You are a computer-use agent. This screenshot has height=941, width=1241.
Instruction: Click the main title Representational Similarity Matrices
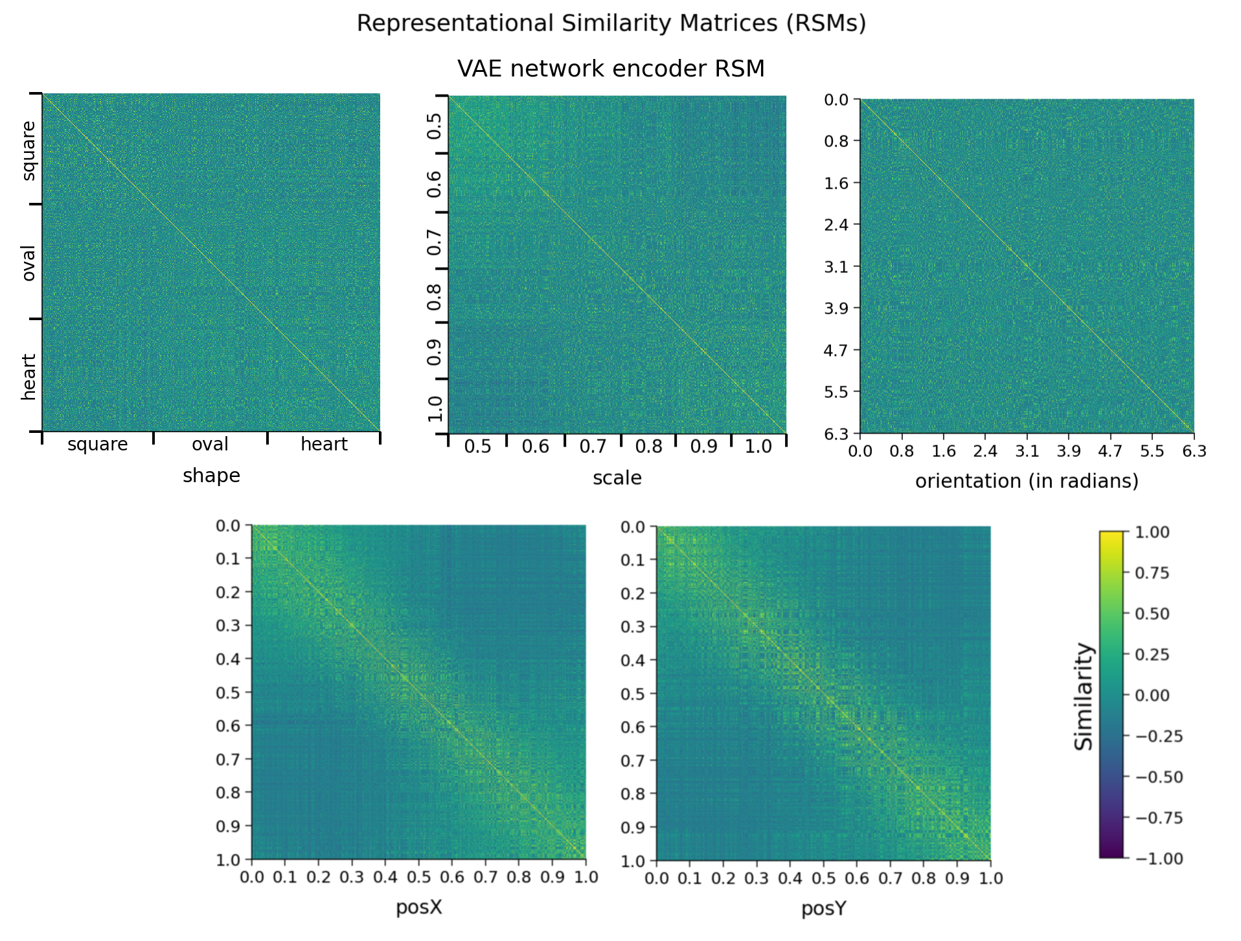[x=611, y=23]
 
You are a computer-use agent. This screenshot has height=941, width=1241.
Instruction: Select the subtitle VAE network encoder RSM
[x=611, y=69]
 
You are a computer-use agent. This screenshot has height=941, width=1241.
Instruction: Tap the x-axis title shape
[x=211, y=476]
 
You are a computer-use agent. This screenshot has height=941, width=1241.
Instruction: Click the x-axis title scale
[x=617, y=478]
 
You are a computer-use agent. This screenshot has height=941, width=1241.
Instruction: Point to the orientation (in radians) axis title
[x=1027, y=482]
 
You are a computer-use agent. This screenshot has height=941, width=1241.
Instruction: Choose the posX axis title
[x=418, y=907]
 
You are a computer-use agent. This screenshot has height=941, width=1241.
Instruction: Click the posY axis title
[x=823, y=909]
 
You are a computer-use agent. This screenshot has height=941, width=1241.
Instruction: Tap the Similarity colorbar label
[x=1083, y=696]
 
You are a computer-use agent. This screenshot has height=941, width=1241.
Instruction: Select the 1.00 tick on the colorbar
[x=1152, y=533]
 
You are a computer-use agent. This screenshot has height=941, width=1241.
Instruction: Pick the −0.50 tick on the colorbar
[x=1159, y=777]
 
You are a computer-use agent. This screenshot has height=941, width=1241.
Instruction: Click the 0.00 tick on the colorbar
[x=1152, y=695]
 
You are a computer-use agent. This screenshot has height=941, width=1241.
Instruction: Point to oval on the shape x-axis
[x=210, y=445]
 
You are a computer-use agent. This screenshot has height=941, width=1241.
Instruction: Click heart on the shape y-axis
[x=28, y=377]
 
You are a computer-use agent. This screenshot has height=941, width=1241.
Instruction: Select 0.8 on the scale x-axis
[x=648, y=447]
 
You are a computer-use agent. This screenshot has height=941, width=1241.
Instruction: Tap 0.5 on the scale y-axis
[x=435, y=125]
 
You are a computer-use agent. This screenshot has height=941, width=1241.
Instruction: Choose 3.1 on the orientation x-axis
[x=1027, y=451]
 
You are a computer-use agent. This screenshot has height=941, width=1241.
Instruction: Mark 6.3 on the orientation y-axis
[x=836, y=434]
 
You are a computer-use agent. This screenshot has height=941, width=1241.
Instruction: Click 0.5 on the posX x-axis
[x=418, y=877]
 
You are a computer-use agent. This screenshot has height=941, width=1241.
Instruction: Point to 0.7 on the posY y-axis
[x=633, y=760]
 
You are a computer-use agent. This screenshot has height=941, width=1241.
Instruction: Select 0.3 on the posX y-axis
[x=228, y=625]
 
